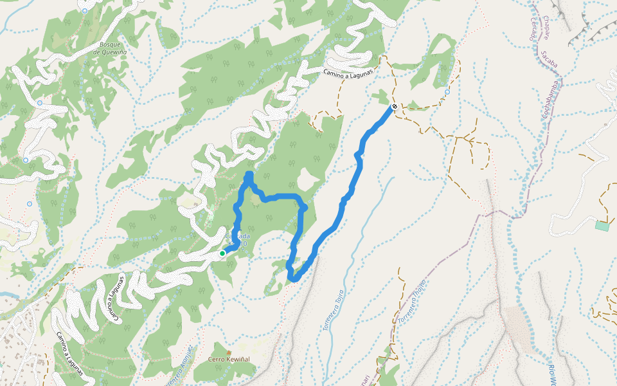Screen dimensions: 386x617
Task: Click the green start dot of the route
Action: click(x=222, y=253)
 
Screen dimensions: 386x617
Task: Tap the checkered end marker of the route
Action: click(x=394, y=107)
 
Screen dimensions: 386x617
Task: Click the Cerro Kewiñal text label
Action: click(x=228, y=360)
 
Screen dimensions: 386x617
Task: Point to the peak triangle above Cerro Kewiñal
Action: click(x=228, y=353)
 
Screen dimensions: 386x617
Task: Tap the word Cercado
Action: click(x=532, y=27)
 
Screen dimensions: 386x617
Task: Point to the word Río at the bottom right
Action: click(x=552, y=370)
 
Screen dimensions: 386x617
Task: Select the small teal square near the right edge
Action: click(x=602, y=225)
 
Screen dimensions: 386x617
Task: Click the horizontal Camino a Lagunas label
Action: click(x=348, y=71)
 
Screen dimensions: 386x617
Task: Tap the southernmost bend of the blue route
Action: click(x=294, y=279)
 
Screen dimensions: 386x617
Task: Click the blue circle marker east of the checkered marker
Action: click(x=447, y=91)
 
